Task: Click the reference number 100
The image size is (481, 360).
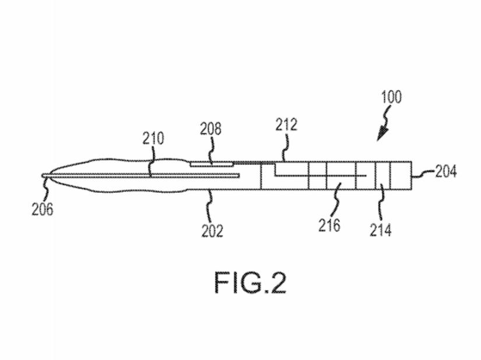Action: pos(391,97)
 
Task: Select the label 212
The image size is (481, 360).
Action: pos(286,125)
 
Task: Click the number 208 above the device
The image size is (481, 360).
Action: pos(210,129)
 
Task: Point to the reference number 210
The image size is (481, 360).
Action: pos(153,139)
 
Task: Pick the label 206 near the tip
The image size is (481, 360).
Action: pos(42,209)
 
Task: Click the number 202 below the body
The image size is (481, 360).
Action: pos(212,231)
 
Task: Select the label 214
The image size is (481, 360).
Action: pos(380,230)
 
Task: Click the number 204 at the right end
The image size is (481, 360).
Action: pos(446,172)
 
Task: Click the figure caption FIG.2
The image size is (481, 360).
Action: pos(250,284)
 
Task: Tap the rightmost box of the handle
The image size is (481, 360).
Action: pos(402,175)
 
